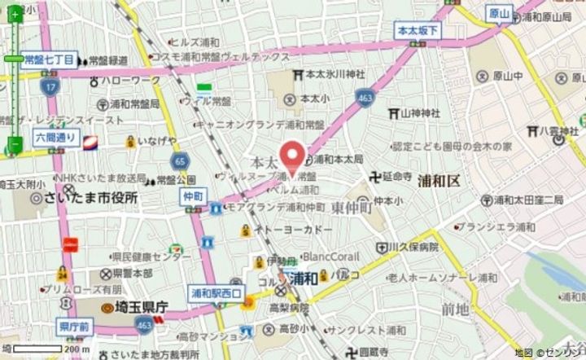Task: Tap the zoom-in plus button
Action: coord(15,15)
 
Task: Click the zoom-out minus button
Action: coord(15,145)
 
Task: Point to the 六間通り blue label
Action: coord(55,138)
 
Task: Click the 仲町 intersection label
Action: coord(193,196)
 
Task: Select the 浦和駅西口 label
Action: coord(216,291)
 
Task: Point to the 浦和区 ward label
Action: coord(439,181)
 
